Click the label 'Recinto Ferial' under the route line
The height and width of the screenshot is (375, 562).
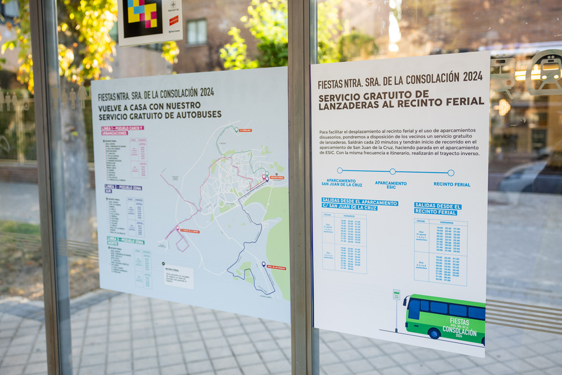451,184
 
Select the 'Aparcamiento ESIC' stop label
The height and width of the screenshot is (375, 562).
391,184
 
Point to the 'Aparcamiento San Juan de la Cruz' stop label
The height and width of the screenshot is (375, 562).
341,183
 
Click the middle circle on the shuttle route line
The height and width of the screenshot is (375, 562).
392,171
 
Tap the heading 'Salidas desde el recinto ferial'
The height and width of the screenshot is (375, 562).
438,209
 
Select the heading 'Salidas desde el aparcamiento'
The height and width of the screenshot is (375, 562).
360,204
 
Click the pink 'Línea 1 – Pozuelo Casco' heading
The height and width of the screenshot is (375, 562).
122,130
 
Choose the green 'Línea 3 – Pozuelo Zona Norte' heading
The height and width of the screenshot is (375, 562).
125,241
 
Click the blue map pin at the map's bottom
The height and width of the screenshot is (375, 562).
263,264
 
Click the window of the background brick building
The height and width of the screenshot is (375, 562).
197,31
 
